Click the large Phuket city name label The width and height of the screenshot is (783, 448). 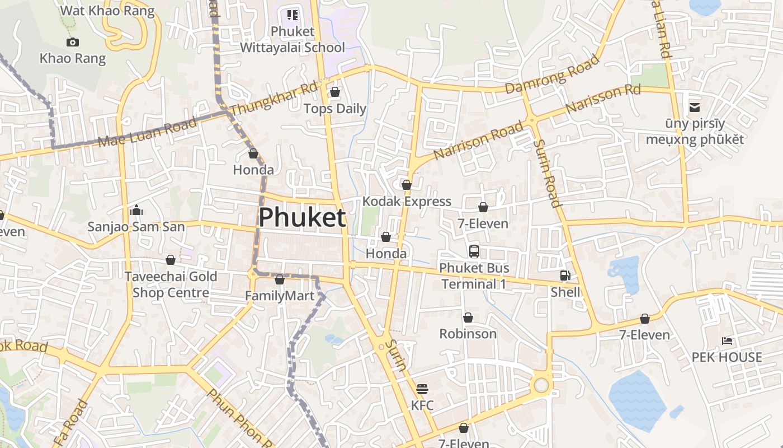pos(302,217)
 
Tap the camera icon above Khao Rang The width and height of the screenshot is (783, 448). pos(72,42)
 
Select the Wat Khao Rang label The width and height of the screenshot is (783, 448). pos(107,11)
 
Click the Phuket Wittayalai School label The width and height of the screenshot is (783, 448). pos(292,39)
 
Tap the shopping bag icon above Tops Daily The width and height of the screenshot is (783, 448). pos(335,91)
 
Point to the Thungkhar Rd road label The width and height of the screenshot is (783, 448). pos(273,99)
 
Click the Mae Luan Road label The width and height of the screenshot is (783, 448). pos(148,132)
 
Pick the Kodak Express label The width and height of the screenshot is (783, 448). pos(407,202)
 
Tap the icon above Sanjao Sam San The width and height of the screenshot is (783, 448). pos(136,211)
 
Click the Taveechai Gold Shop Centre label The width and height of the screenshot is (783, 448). pos(170,284)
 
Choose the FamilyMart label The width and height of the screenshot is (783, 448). pos(280,296)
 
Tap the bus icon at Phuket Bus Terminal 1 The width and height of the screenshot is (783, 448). pos(474,251)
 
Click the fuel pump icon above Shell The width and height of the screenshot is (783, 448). pos(565,275)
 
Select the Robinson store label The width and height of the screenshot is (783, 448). pos(468,334)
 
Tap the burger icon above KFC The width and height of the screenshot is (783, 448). pos(422,389)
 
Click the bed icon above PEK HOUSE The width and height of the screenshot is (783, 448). pos(727,340)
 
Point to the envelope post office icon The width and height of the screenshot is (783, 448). pos(695,107)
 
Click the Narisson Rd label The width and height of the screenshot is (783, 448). pos(603,99)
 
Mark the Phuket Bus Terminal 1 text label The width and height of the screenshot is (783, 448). pos(474,276)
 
